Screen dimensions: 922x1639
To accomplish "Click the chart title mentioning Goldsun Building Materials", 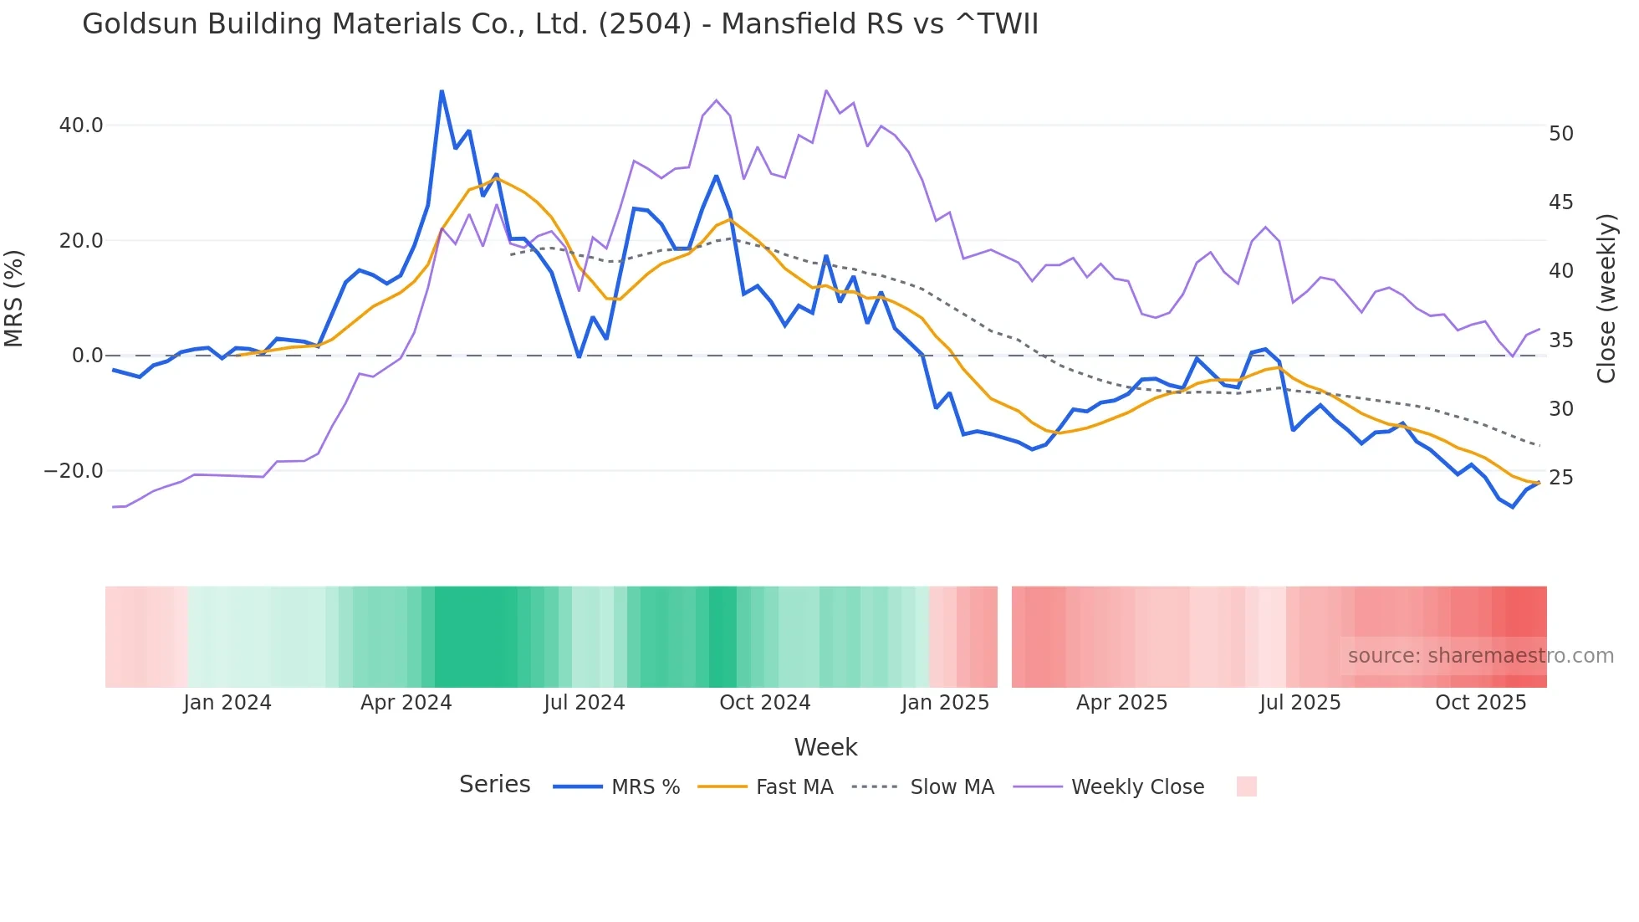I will (x=560, y=24).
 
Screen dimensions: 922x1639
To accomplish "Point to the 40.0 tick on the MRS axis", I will (x=81, y=125).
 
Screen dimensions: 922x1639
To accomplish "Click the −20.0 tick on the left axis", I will (x=74, y=471).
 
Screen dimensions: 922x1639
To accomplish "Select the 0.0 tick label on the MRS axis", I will (x=88, y=356).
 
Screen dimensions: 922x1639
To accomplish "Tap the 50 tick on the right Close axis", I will (x=1560, y=134).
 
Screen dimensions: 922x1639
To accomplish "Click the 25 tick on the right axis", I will (x=1560, y=478).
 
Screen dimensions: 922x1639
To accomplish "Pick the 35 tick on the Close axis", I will (x=1560, y=341).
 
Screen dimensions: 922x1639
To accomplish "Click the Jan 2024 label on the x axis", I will (x=227, y=703).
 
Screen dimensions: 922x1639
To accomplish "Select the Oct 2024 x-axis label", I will (x=764, y=703).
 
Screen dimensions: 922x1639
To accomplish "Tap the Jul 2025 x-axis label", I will (x=1299, y=703).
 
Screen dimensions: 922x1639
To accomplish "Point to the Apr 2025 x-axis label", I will (x=1121, y=703).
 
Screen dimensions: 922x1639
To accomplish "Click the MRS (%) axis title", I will (x=14, y=298).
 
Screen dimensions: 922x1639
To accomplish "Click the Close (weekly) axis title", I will (x=1606, y=298).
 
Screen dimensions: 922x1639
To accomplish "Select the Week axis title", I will (x=825, y=747).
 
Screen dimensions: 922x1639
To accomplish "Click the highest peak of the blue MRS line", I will (x=442, y=91).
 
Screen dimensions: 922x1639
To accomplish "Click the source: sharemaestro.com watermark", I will (x=1480, y=656).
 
